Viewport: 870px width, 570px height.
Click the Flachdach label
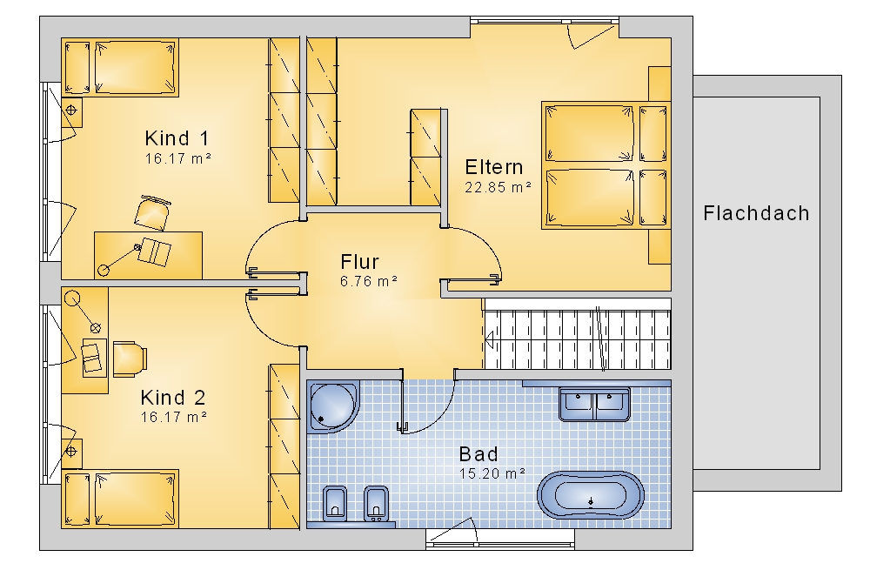756,213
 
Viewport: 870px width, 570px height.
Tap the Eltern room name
494,167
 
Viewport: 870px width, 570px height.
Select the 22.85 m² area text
498,187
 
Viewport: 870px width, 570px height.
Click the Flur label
359,261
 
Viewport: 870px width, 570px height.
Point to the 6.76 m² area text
368,281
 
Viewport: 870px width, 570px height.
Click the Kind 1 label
177,137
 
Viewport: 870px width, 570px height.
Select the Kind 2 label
172,398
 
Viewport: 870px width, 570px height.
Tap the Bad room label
478,454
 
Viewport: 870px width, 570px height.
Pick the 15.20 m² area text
492,474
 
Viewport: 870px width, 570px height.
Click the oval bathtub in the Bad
591,496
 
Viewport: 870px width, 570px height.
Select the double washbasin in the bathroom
594,405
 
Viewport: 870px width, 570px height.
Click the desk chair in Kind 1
151,212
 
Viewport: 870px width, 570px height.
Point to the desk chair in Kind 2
130,358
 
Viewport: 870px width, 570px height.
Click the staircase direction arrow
491,339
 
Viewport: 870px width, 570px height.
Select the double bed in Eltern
606,164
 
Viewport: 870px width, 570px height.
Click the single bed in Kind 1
120,68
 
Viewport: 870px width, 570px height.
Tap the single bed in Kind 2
120,499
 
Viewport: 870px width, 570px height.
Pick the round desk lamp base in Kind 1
104,271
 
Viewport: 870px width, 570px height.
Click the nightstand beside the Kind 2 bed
71,453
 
